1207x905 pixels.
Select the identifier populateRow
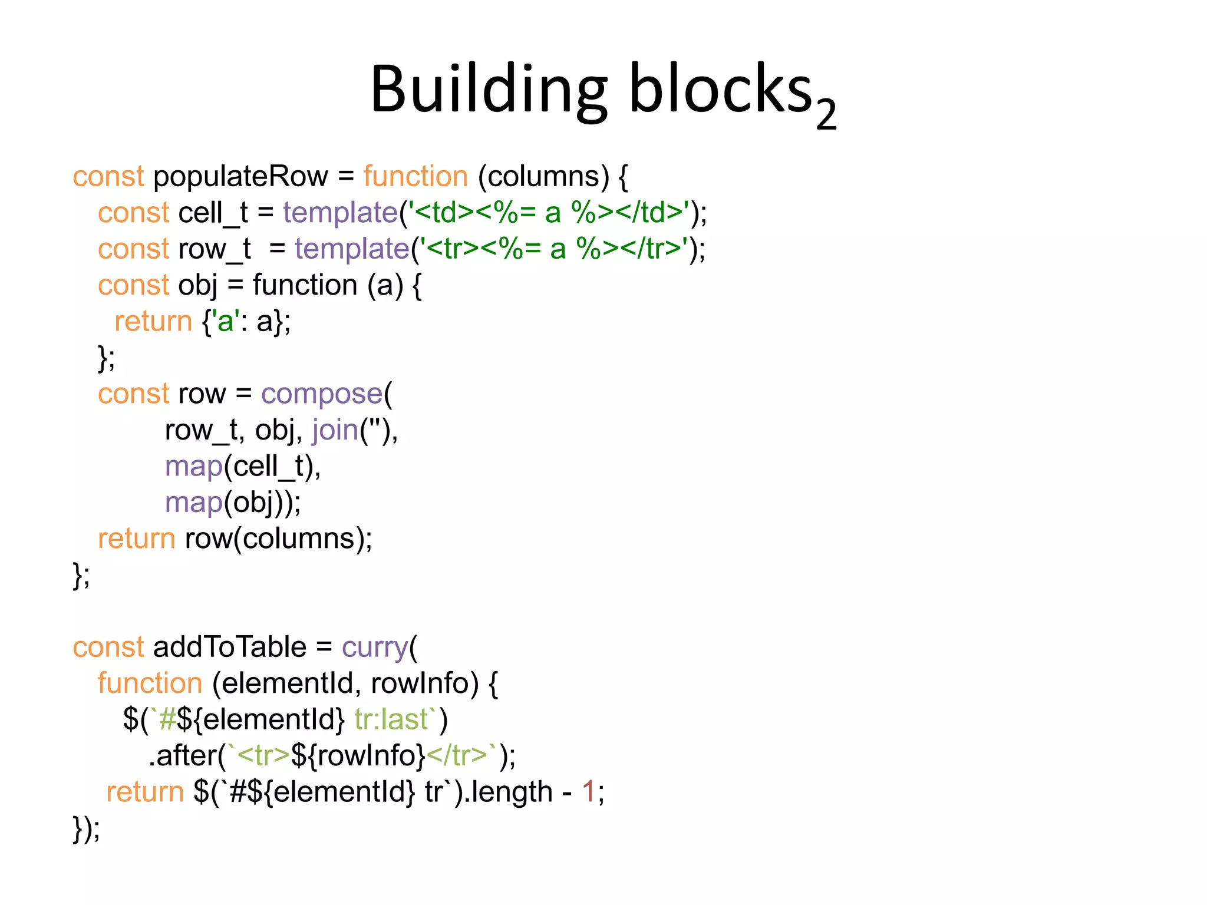pos(240,176)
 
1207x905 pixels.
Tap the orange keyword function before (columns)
pos(415,176)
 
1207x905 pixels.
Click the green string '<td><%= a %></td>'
pos(549,213)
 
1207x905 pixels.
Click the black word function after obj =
pos(305,285)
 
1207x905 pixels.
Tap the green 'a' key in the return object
pos(225,322)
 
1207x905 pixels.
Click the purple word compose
pos(322,394)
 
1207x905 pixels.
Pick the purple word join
pos(335,430)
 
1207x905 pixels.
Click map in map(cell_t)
pos(193,467)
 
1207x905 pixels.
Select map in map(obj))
pos(193,503)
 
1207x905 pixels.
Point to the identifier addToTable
pos(230,647)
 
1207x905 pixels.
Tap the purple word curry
pos(375,648)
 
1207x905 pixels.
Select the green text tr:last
pos(391,719)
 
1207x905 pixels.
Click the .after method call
pos(183,756)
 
